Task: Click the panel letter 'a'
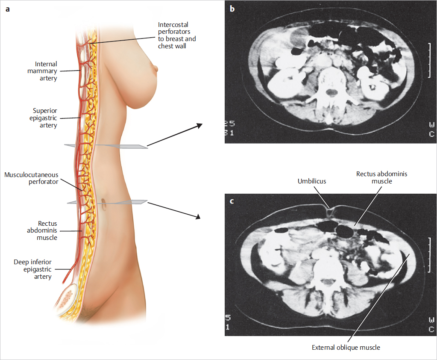[x=8, y=8]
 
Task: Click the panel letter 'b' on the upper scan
[x=232, y=8]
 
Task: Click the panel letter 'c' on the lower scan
[x=232, y=201]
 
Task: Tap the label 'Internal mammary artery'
[x=46, y=71]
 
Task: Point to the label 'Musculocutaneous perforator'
[x=31, y=179]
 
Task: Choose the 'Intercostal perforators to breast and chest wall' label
[x=177, y=35]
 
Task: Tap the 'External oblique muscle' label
[x=346, y=348]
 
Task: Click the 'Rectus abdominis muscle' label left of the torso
[x=47, y=230]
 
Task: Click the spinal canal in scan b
[x=330, y=91]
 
